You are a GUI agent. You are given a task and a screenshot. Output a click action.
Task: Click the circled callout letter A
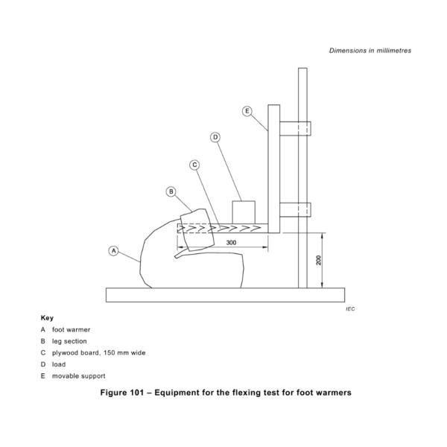coord(114,250)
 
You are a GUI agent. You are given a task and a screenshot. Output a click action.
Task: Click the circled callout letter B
coord(171,191)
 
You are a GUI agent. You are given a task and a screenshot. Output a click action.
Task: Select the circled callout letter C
coord(194,165)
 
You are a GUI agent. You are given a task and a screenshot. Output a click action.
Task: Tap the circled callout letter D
coord(215,137)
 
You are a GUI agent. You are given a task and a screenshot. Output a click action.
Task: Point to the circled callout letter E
coord(247,111)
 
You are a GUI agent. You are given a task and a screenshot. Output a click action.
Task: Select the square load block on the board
coord(244,211)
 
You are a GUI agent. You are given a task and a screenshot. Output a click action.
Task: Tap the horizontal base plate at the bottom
coord(226,295)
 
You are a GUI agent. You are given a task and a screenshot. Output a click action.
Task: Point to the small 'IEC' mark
coord(350,308)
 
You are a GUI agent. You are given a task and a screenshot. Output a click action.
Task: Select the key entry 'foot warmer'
coord(71,329)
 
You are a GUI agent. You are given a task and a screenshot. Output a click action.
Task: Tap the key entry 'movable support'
coord(78,376)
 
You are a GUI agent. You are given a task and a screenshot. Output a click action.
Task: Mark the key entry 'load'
coord(59,364)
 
